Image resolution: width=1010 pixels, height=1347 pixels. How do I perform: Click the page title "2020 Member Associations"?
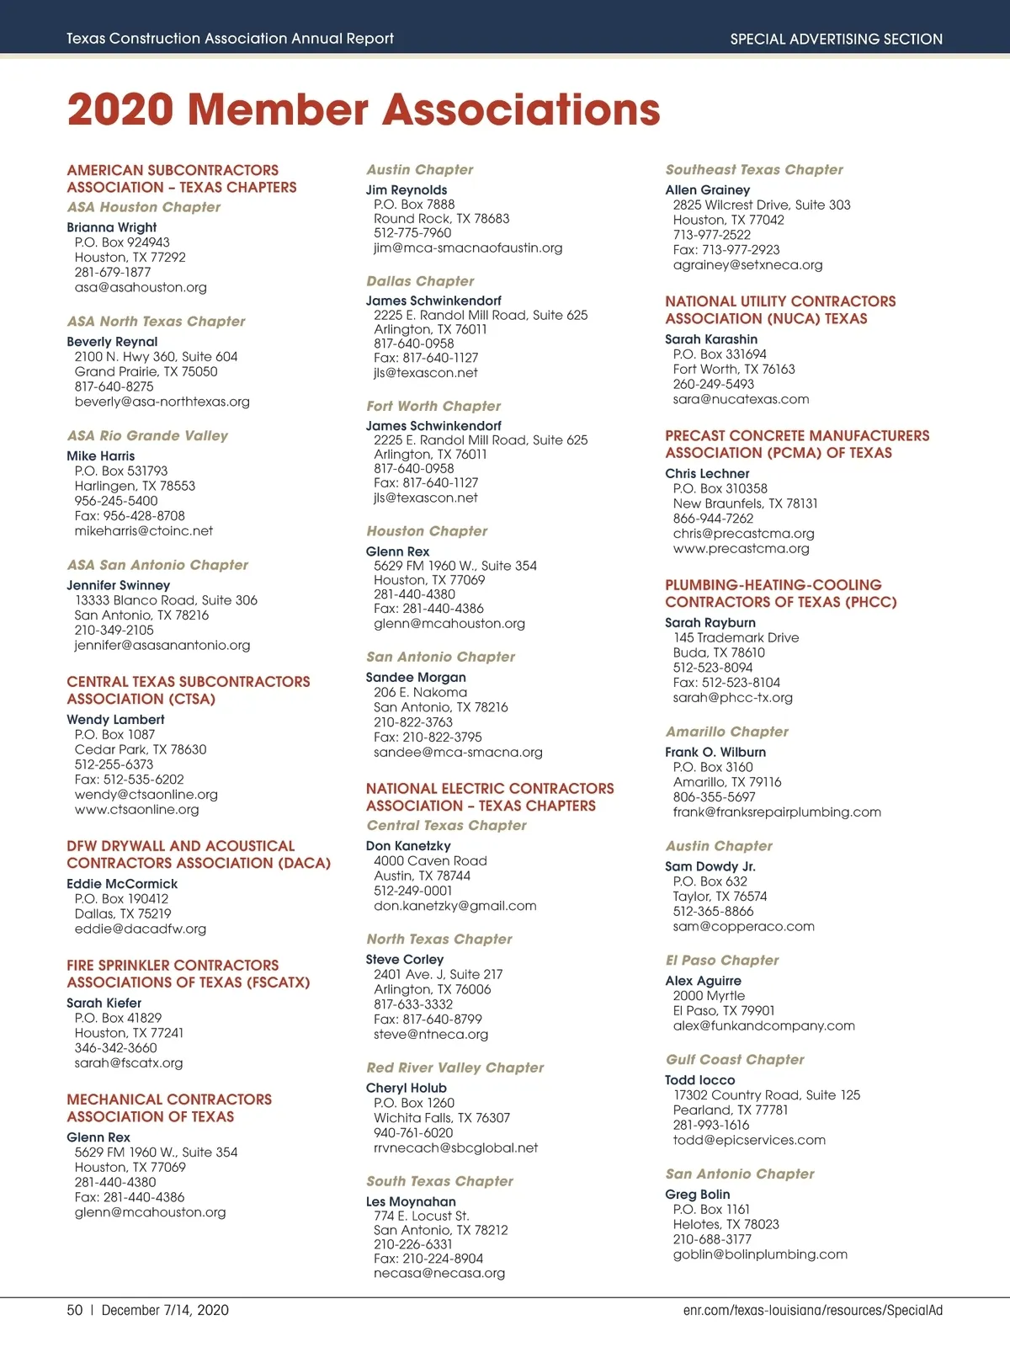click(x=364, y=110)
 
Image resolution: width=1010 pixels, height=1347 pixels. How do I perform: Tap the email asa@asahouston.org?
click(x=141, y=287)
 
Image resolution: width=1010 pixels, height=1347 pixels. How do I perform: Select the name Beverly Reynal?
click(x=112, y=342)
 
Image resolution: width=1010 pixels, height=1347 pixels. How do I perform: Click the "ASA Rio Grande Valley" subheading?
click(x=147, y=435)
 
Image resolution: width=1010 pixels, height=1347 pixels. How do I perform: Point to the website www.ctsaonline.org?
click(x=136, y=809)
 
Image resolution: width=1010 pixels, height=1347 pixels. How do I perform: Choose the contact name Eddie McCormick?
click(x=122, y=884)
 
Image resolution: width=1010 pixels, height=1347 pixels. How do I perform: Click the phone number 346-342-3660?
click(x=115, y=1048)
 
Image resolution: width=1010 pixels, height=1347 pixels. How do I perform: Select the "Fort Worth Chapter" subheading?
click(x=433, y=406)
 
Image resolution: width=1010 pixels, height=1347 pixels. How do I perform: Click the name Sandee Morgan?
click(x=416, y=678)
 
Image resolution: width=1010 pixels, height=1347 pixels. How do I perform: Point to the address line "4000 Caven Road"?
click(x=430, y=861)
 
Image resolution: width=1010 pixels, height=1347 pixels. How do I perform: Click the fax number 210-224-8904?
click(x=428, y=1259)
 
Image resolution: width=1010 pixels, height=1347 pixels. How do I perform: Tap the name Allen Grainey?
click(x=707, y=190)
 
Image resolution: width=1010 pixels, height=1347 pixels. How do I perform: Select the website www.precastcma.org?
click(x=741, y=549)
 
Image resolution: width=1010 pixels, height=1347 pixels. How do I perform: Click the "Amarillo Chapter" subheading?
click(x=727, y=732)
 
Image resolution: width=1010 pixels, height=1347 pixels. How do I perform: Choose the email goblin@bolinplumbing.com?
click(x=760, y=1254)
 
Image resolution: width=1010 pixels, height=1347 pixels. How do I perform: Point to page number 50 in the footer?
click(x=75, y=1310)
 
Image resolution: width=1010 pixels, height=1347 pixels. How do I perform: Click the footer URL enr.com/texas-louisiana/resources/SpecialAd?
click(x=812, y=1310)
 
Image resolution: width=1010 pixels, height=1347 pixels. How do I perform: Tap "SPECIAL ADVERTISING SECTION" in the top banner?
click(x=836, y=39)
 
